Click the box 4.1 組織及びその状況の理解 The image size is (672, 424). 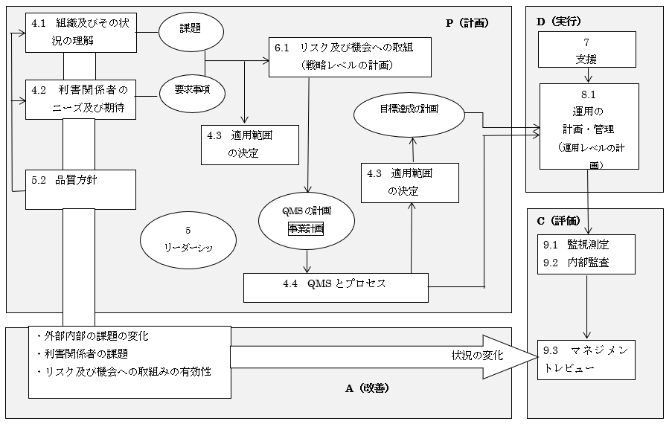[x=81, y=33]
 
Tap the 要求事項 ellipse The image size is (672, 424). [x=192, y=92]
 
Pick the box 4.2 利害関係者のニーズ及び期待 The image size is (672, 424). [x=80, y=100]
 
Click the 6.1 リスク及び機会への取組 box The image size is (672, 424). [x=351, y=57]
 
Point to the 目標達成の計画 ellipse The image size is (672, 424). [x=409, y=115]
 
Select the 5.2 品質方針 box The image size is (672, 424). [x=80, y=190]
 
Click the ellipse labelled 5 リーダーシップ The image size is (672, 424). [x=188, y=240]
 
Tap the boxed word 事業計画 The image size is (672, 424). [x=306, y=228]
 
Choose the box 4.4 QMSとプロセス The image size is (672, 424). [x=336, y=288]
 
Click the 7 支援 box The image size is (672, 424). [x=586, y=50]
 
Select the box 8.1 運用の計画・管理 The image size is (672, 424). [x=589, y=126]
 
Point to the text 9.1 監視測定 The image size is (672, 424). [x=576, y=245]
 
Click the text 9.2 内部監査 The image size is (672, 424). [x=576, y=263]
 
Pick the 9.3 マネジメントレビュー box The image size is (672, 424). [x=586, y=360]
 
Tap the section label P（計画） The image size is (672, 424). [x=467, y=23]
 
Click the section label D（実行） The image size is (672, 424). [x=559, y=22]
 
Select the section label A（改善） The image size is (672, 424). [x=368, y=388]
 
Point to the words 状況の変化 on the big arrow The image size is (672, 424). [x=477, y=356]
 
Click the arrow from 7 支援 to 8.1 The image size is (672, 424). [x=588, y=75]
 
